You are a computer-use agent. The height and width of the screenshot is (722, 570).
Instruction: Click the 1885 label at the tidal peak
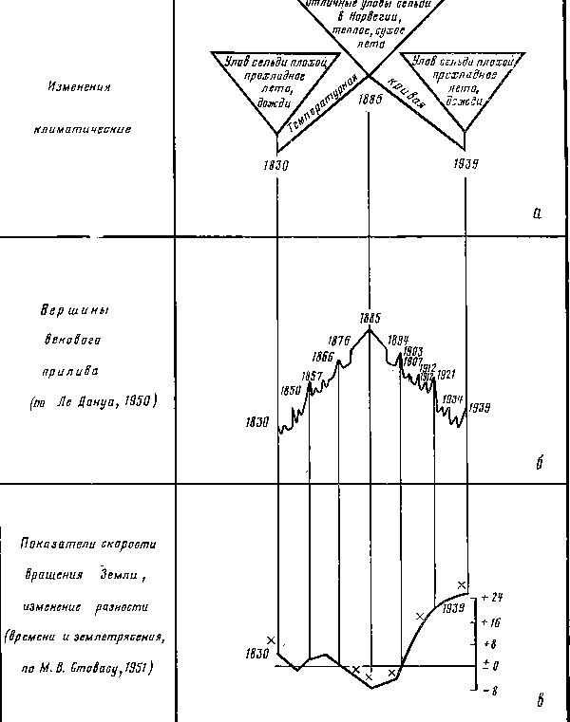[370, 318]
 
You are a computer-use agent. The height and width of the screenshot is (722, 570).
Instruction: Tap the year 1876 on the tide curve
[339, 341]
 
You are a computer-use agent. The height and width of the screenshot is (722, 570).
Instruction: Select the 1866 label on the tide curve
[323, 358]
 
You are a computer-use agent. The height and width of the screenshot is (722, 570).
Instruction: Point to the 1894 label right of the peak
[398, 340]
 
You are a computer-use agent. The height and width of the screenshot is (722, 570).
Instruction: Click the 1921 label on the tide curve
[446, 375]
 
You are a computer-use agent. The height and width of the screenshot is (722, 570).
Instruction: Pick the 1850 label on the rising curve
[291, 390]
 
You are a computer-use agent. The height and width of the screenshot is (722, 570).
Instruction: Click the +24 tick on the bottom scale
[492, 598]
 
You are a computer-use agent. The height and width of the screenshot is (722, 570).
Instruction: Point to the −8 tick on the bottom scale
[491, 692]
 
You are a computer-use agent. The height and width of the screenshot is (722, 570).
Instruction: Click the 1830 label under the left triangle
[275, 164]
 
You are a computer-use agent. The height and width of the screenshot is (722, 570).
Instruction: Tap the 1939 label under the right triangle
[465, 163]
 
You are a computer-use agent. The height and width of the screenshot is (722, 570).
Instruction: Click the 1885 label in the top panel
[370, 98]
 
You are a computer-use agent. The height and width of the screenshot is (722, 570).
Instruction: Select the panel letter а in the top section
[537, 213]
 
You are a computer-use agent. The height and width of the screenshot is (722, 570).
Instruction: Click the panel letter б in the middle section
[539, 464]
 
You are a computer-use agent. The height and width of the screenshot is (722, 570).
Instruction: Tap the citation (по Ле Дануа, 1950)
[91, 401]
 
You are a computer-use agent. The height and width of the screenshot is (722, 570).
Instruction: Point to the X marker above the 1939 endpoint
[462, 584]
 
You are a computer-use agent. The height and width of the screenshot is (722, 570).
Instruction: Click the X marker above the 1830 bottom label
[272, 640]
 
